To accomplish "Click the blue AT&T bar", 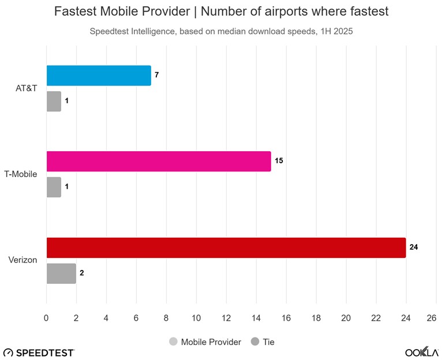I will [98, 76].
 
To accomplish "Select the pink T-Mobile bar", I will [158, 161].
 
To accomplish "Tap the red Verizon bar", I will [226, 247].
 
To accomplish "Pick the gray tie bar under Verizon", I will [61, 273].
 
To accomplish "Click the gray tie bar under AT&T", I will [54, 102].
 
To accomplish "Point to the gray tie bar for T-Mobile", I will [54, 187].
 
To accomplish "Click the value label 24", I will [413, 247].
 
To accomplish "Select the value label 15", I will [278, 161].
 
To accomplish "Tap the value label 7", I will [156, 76].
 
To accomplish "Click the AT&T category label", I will [27, 89].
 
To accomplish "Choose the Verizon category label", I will [23, 260].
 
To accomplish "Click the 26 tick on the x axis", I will [431, 317].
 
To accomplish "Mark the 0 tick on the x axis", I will [46, 317].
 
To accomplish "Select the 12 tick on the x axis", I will [226, 317].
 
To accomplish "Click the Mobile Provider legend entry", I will [205, 342].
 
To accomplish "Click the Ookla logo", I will [421, 352].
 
